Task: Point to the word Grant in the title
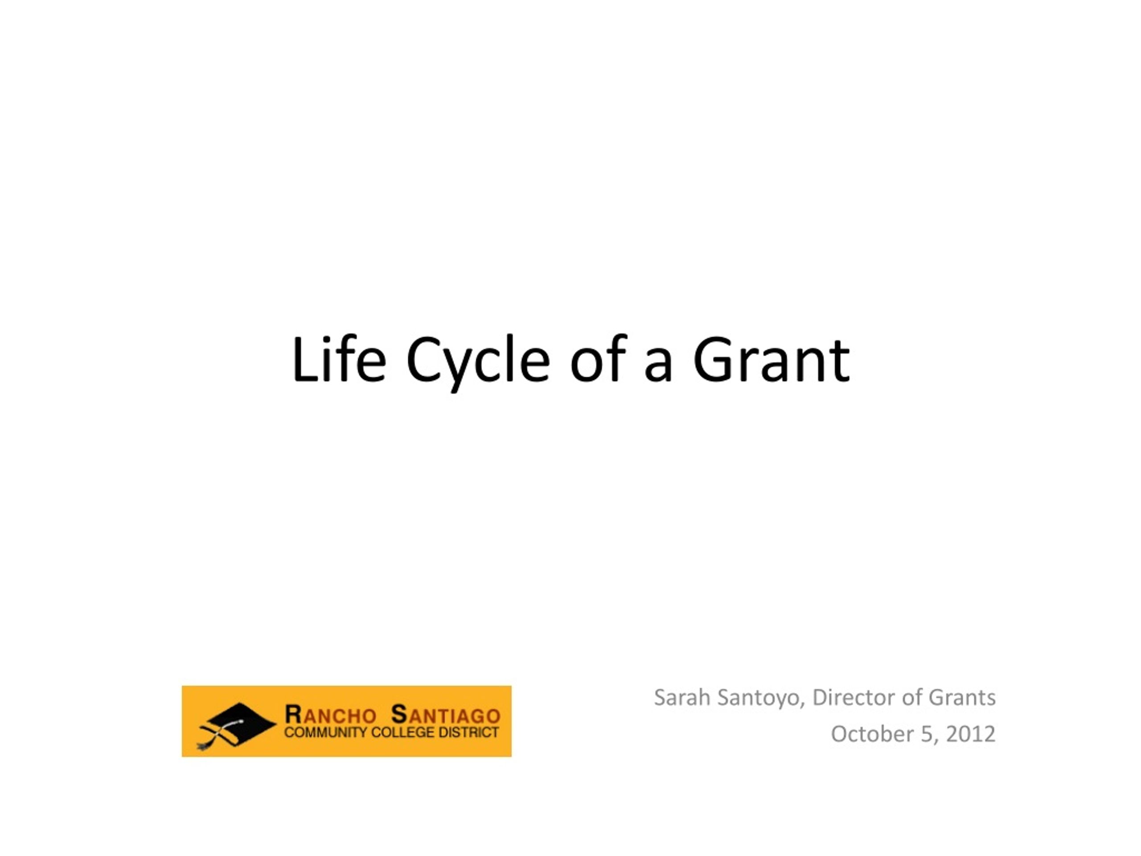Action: [771, 360]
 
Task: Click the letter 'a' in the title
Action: [658, 366]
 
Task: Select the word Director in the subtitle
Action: [853, 697]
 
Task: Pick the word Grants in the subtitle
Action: [962, 697]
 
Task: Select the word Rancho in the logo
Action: [330, 715]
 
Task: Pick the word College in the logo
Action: [403, 733]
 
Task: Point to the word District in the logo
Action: [468, 733]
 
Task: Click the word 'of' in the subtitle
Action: [911, 697]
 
